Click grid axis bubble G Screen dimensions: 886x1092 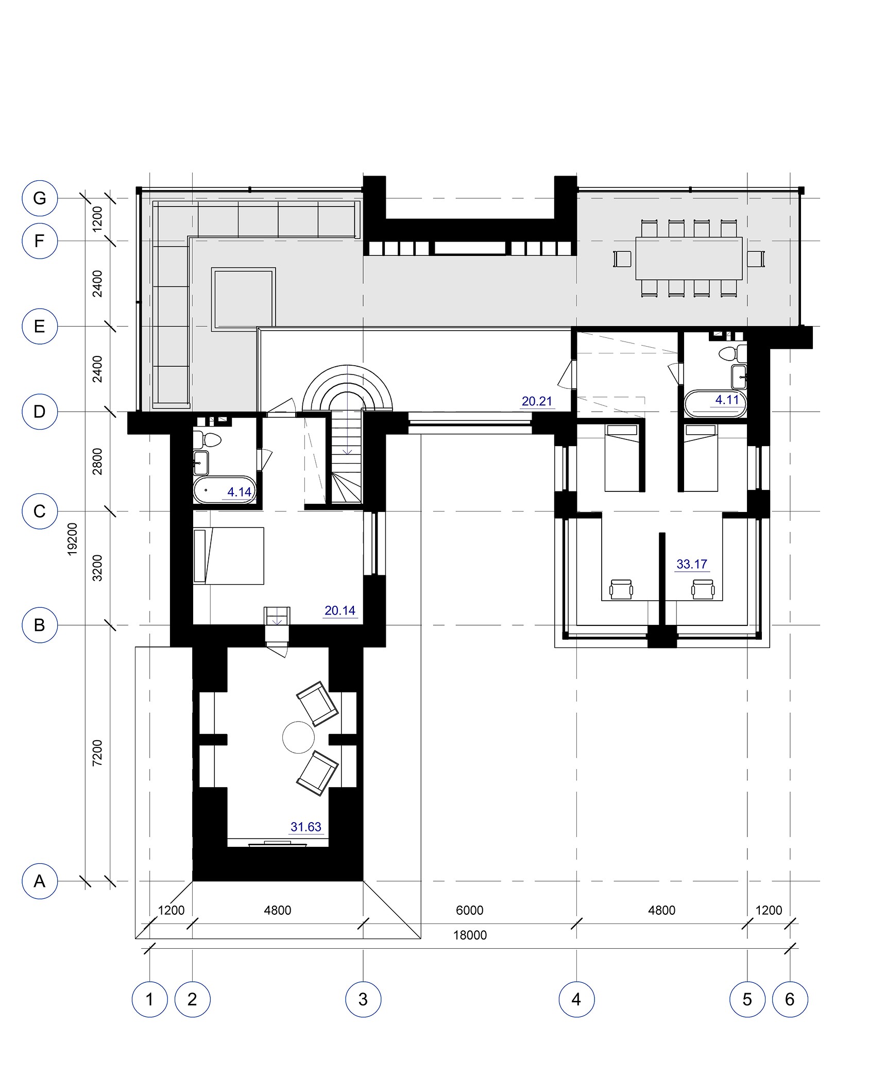pos(40,198)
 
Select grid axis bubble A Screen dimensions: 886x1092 pos(40,881)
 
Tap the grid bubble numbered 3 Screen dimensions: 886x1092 pos(363,999)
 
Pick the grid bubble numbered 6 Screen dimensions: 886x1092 pos(790,999)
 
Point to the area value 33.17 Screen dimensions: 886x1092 pos(692,564)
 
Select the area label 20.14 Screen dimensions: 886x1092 pos(340,610)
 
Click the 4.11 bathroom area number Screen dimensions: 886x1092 pos(727,400)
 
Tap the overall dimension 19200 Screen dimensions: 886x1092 pos(72,539)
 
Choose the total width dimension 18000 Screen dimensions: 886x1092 pos(470,935)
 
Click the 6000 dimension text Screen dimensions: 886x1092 pos(470,910)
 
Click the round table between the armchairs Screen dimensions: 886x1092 pos(298,738)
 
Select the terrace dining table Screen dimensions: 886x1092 pos(689,258)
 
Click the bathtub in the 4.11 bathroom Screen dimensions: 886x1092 pos(715,404)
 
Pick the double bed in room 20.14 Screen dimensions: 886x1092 pos(229,556)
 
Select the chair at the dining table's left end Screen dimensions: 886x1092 pos(622,259)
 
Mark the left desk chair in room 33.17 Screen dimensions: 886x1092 pos(621,589)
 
